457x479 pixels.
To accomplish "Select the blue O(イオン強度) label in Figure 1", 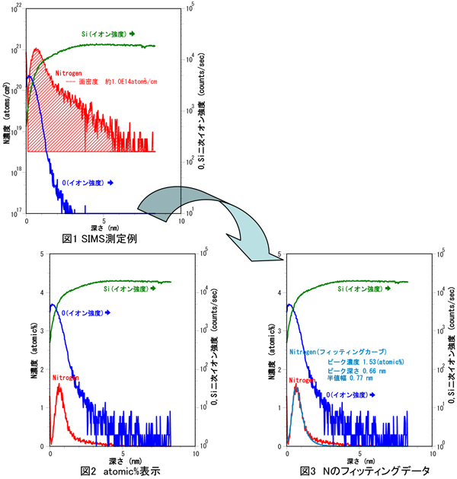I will (93, 183).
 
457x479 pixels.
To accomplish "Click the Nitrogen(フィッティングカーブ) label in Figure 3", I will (330, 353).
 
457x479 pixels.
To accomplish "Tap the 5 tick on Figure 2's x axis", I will (121, 453).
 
